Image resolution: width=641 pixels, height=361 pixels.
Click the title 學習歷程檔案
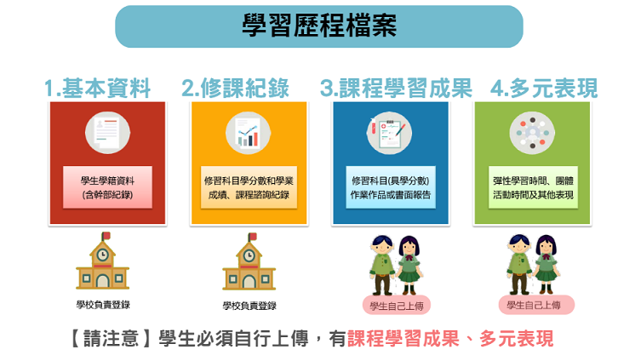pos(319,26)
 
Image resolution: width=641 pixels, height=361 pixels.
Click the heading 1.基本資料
pos(97,88)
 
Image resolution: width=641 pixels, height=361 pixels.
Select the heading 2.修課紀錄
pos(236,88)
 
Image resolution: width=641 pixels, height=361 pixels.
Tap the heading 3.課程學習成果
pos(396,88)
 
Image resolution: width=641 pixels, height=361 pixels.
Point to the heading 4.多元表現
pos(544,88)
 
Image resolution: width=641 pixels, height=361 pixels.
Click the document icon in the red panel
pos(107,133)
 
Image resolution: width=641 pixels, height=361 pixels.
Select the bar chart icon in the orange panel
pos(248,133)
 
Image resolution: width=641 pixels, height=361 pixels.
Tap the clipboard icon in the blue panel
pos(389,133)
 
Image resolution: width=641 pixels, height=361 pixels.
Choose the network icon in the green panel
pos(532,133)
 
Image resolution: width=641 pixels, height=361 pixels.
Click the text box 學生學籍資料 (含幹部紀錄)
pos(107,187)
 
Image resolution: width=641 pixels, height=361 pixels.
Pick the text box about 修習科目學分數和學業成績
pos(249,187)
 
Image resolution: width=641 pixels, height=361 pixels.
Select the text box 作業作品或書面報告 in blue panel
pos(391,187)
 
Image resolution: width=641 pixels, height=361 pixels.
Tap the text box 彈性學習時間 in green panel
pos(533,187)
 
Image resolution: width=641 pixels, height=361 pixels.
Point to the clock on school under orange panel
pos(249,255)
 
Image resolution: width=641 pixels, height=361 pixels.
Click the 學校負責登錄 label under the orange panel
pos(249,306)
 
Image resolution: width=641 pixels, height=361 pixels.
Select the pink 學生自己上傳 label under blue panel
pos(397,306)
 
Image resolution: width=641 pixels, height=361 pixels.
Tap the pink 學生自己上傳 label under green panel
pos(536,305)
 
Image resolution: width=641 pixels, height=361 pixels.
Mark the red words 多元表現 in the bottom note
pos(517,339)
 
